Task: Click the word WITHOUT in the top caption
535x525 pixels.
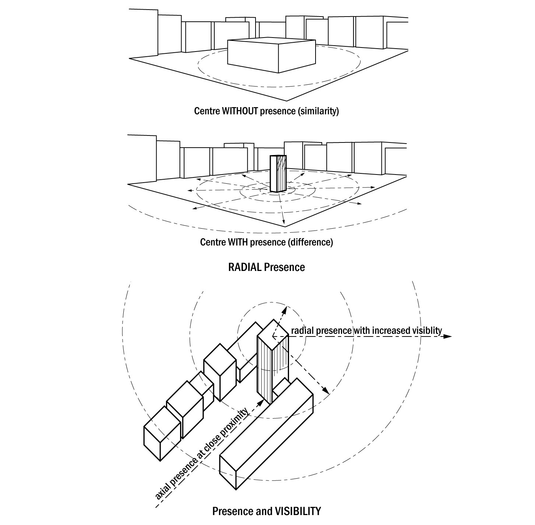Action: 240,111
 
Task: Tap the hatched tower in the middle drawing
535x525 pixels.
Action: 278,174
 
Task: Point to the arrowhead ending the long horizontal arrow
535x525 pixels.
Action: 448,336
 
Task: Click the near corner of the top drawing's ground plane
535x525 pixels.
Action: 286,100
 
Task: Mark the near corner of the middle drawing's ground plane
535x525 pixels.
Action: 285,227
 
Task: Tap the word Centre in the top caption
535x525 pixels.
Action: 207,111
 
